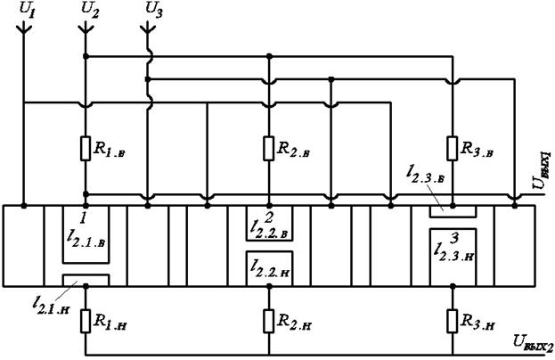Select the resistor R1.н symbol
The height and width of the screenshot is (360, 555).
(x=85, y=319)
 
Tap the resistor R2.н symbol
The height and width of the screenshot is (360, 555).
(x=268, y=319)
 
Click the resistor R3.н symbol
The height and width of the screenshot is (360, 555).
(x=452, y=319)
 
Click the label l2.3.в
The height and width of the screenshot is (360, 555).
(x=401, y=184)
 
